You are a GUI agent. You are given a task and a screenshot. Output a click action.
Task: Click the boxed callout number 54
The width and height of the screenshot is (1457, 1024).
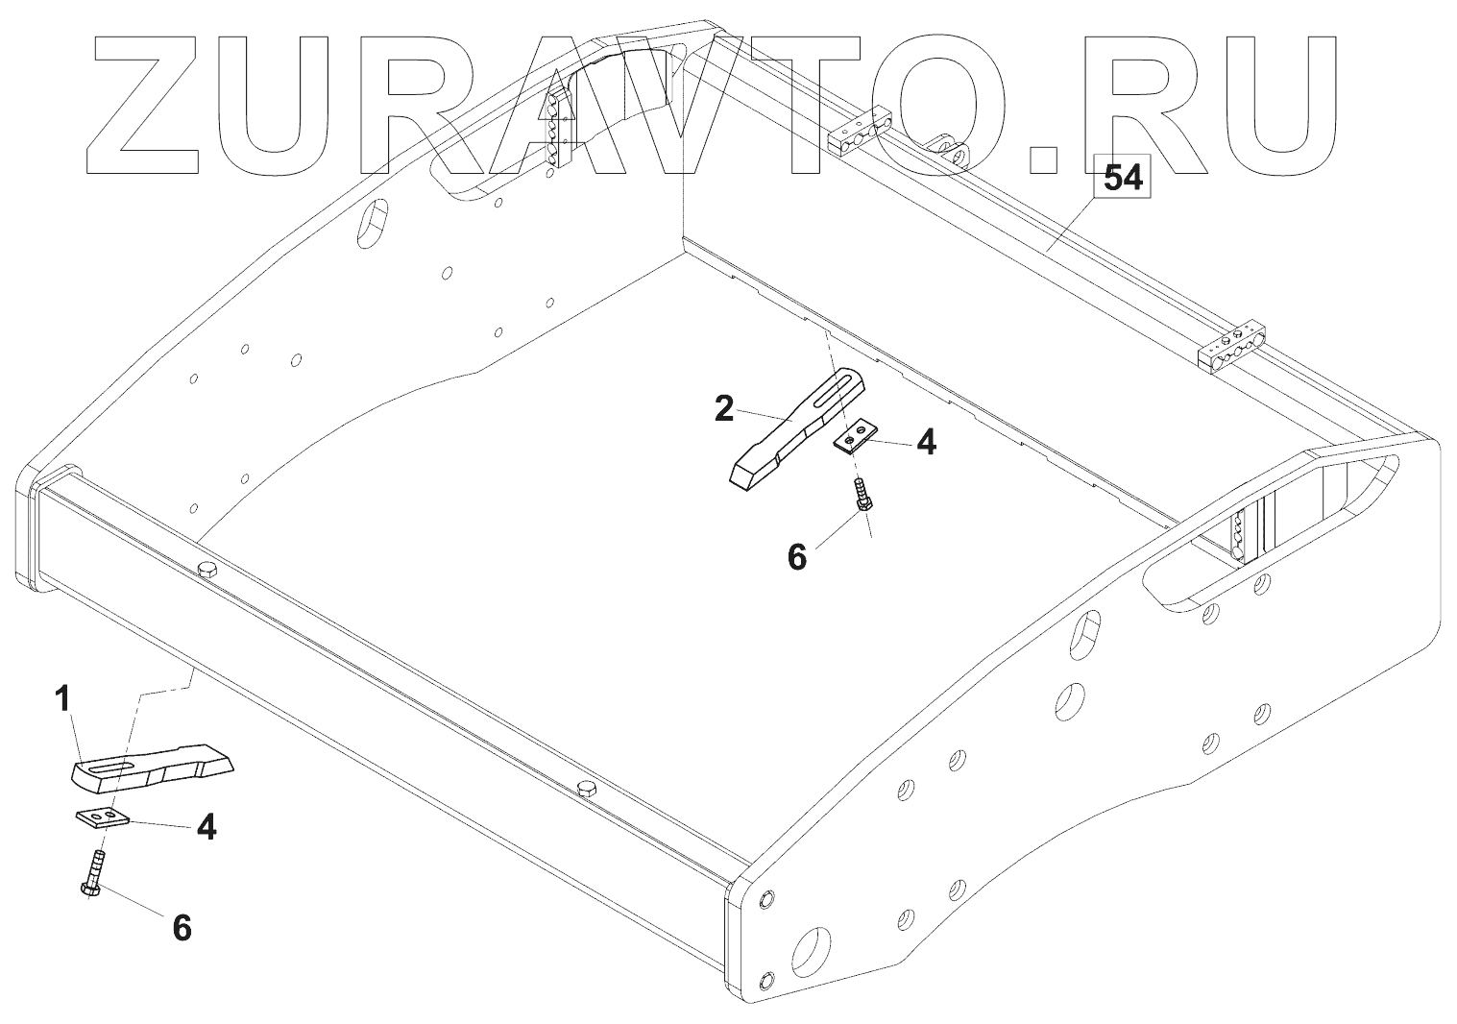1122,178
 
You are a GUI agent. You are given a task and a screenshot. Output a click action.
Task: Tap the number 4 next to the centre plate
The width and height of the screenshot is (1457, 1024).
925,442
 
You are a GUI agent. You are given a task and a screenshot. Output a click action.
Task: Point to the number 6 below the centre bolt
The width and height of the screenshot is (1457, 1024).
797,556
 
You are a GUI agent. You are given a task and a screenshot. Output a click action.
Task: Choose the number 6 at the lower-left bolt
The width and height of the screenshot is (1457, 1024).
182,927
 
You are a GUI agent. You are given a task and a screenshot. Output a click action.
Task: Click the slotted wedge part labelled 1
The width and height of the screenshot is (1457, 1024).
154,766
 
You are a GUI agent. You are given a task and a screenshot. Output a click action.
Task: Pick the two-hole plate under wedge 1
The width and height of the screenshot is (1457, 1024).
102,817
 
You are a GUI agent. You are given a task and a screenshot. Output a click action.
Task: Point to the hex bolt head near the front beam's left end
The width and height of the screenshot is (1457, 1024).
206,571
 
